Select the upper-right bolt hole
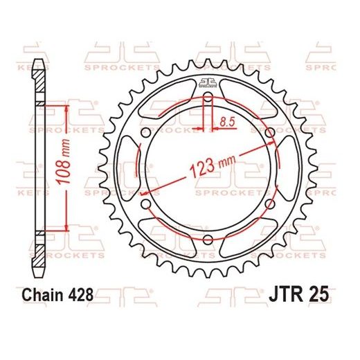(269, 134)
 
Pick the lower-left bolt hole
(144, 204)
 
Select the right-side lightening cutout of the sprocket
(287, 168)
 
